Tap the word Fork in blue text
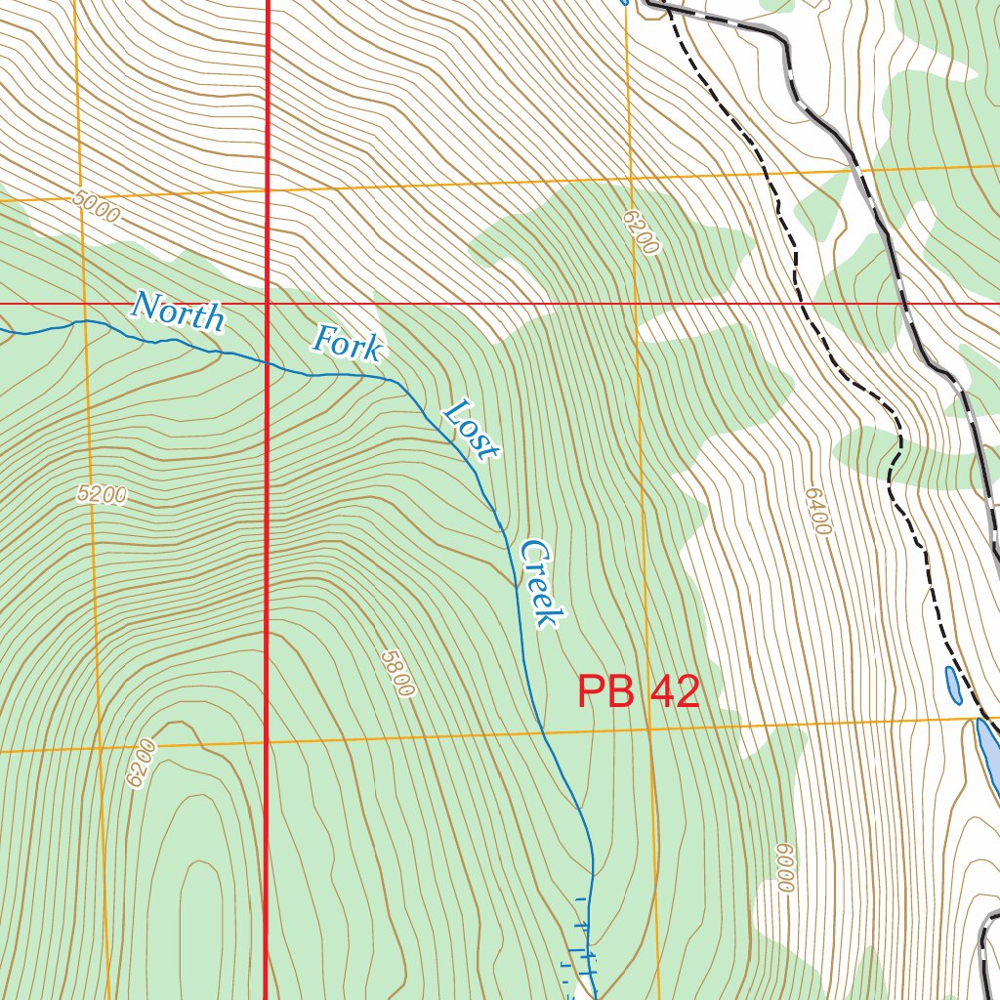348,343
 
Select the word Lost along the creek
471,430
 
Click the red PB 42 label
639,692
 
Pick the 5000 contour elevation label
97,207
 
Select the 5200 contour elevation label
102,494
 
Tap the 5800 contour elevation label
398,674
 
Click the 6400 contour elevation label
817,511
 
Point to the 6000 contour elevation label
783,868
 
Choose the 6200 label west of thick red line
141,764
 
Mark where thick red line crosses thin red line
268,304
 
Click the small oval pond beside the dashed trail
952,685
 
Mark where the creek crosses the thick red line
268,363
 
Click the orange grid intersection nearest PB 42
648,728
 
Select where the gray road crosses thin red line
905,304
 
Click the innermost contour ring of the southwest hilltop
200,908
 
